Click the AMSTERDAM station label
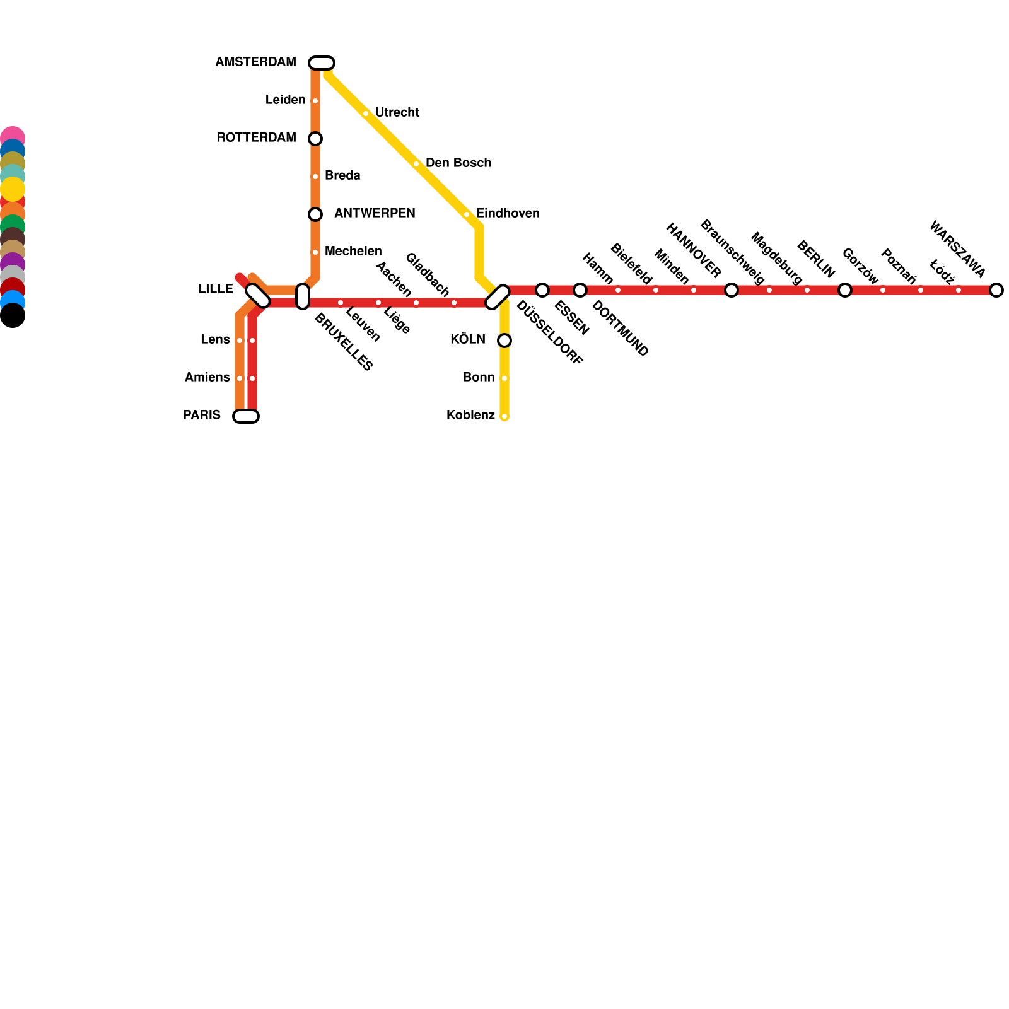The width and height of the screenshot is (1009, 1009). coord(255,62)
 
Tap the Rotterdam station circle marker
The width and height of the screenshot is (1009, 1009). coord(315,139)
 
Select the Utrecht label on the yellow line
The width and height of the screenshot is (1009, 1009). coord(397,113)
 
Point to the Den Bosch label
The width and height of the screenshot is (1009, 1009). coord(458,163)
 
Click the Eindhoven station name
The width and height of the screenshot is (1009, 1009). coord(508,214)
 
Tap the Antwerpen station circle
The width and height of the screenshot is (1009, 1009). coord(315,214)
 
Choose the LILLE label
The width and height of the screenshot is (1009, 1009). coord(216,289)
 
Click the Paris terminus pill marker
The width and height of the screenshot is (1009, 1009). coord(246,416)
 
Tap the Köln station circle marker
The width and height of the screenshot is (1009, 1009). coord(504,341)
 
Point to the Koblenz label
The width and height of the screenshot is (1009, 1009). coord(470,416)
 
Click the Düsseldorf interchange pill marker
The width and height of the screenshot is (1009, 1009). coord(498,297)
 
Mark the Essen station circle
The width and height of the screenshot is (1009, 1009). coord(542,290)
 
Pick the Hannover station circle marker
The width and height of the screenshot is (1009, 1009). coord(732,290)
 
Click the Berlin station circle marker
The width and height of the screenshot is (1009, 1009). coord(845,290)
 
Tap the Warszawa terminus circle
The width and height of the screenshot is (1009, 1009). coord(996,290)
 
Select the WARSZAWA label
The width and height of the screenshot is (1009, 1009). coord(957,249)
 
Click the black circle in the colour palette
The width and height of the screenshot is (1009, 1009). coord(13,315)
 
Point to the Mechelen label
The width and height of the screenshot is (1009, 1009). coord(353,252)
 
